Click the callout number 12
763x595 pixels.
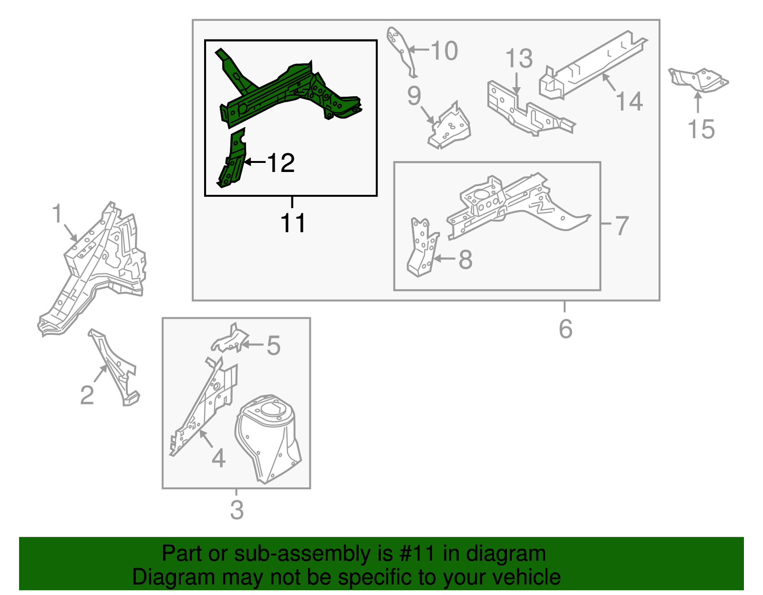pos(281,163)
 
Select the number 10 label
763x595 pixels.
pos(444,50)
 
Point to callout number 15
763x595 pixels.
pos(701,129)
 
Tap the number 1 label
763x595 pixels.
pos(57,213)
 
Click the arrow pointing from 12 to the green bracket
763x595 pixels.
pos(254,162)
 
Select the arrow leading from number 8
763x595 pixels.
pos(444,259)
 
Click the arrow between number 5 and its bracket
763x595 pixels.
pos(252,344)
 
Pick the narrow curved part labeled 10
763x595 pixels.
pos(402,51)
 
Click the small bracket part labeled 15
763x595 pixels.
pos(698,81)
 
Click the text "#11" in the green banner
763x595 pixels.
pos(417,553)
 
